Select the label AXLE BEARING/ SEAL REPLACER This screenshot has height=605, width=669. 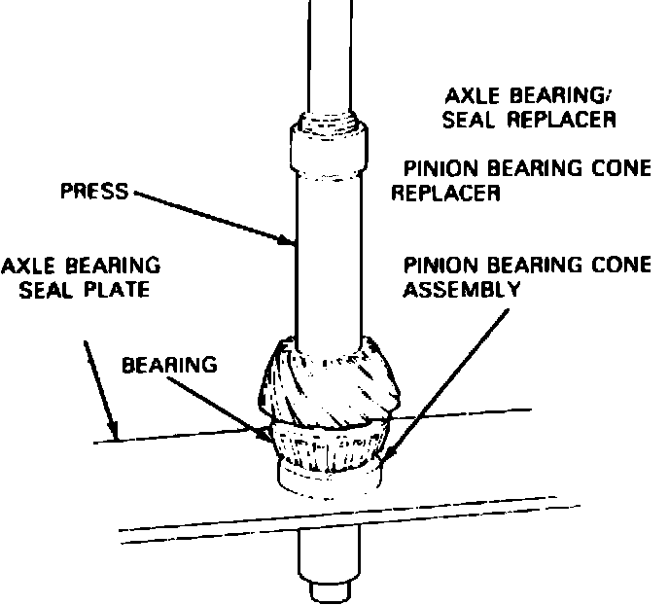click(x=528, y=108)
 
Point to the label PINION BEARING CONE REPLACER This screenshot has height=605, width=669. click(x=520, y=180)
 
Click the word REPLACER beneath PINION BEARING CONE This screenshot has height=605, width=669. click(x=446, y=193)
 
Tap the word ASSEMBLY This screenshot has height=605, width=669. click(x=462, y=289)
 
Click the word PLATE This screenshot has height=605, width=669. click(x=117, y=290)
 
